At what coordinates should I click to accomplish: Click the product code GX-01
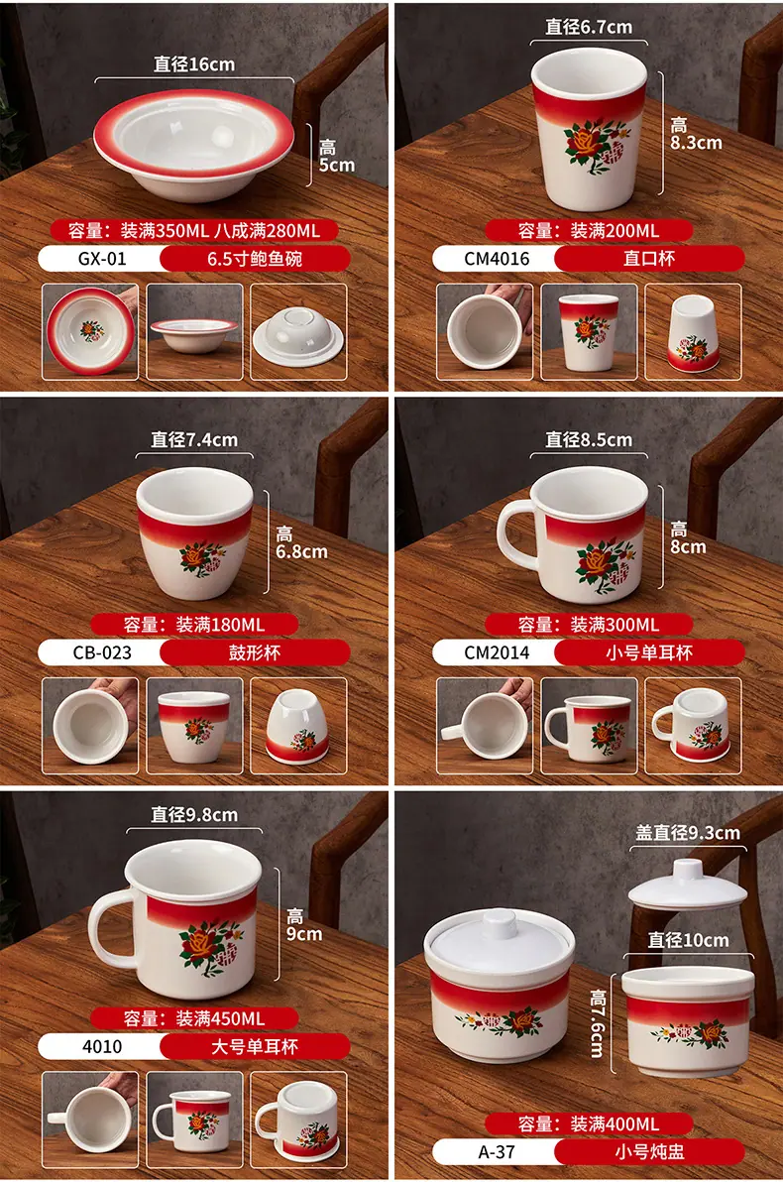[x=102, y=259]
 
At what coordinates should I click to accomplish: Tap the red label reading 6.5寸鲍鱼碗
[x=255, y=259]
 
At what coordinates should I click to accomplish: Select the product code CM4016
[x=497, y=259]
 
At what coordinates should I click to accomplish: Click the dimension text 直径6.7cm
[x=589, y=27]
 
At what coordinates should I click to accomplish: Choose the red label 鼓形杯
[x=255, y=652]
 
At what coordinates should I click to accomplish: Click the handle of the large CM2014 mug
[x=515, y=532]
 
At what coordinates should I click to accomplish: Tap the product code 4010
[x=102, y=1046]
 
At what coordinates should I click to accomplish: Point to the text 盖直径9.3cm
[x=687, y=833]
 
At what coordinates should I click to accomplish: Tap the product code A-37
[x=497, y=1152]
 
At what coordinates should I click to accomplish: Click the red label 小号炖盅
[x=649, y=1152]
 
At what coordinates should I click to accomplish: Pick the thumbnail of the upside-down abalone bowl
[x=298, y=331]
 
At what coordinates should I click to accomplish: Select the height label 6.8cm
[x=301, y=551]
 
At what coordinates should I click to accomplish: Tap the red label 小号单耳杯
[x=649, y=652]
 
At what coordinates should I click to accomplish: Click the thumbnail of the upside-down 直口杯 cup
[x=694, y=331]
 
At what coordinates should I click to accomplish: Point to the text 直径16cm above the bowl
[x=194, y=64]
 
